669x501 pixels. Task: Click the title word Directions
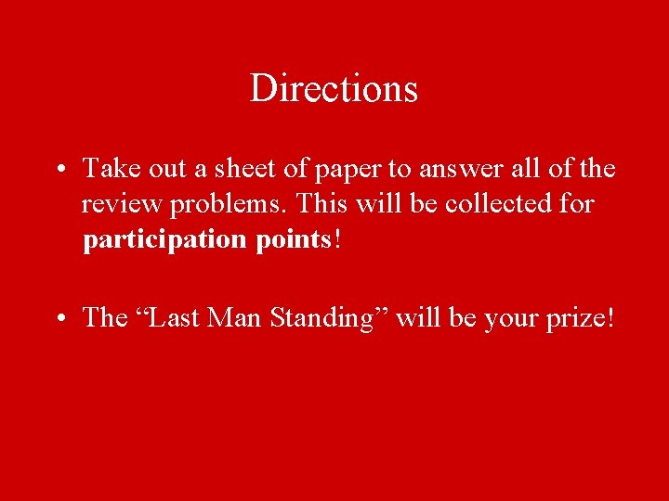click(334, 89)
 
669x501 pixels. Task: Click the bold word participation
click(164, 240)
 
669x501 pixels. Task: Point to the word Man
click(236, 318)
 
